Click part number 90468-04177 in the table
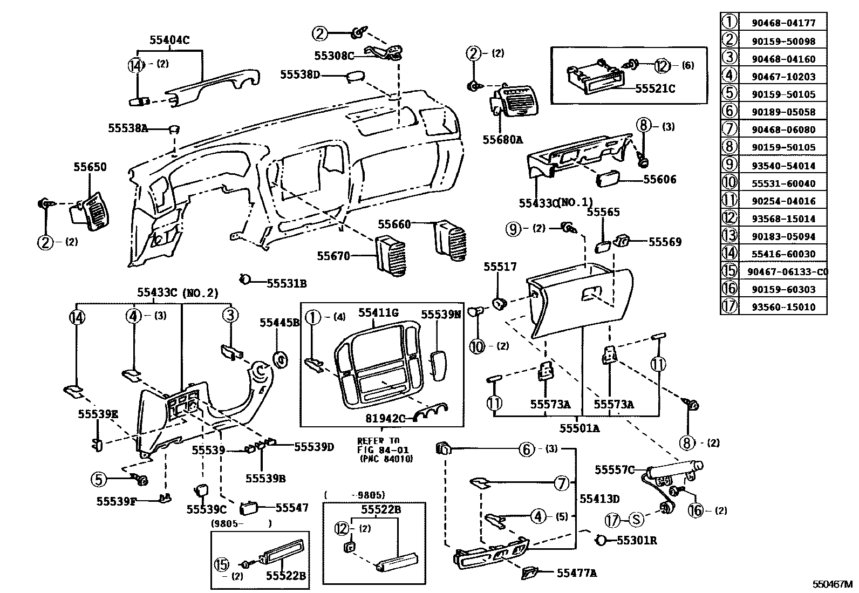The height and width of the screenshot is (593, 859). click(x=783, y=23)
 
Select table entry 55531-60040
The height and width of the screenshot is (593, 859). click(x=783, y=183)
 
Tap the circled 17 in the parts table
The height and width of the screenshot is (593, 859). click(x=729, y=307)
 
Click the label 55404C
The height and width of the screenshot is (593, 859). click(x=169, y=39)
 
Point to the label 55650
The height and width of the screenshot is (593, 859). click(x=90, y=167)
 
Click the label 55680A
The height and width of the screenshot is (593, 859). click(x=502, y=140)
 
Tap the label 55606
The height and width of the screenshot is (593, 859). click(x=659, y=179)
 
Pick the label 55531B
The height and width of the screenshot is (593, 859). click(x=287, y=283)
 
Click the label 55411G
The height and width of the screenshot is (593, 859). click(x=378, y=313)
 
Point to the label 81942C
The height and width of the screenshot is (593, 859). click(x=385, y=418)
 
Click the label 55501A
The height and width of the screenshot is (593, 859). click(x=578, y=428)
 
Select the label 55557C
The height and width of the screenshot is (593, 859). click(x=615, y=470)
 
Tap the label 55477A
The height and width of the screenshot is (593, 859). click(x=576, y=573)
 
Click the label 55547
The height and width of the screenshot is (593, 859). click(x=292, y=507)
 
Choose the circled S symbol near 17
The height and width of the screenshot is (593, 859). click(x=637, y=520)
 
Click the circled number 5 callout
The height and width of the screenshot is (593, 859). click(x=98, y=479)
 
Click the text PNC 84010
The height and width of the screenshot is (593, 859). click(x=386, y=459)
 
